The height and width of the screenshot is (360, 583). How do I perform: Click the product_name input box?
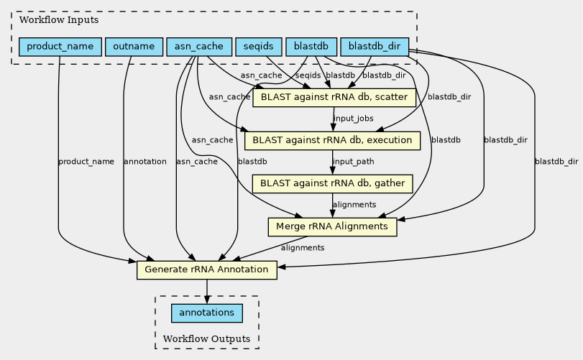59,47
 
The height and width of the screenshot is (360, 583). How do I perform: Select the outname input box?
134,47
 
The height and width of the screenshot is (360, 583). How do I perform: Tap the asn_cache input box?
199,47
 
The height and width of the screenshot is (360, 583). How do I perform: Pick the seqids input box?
258,47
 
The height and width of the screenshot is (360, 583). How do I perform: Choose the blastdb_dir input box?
375,47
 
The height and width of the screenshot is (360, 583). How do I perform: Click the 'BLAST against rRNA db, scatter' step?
335,97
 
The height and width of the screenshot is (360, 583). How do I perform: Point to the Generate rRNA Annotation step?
207,270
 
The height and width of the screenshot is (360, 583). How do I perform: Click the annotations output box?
207,313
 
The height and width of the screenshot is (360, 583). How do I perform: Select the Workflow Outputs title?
207,338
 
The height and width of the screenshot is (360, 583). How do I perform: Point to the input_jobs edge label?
353,118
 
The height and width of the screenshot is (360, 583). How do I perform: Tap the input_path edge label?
353,161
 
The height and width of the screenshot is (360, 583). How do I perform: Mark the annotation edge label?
145,162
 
